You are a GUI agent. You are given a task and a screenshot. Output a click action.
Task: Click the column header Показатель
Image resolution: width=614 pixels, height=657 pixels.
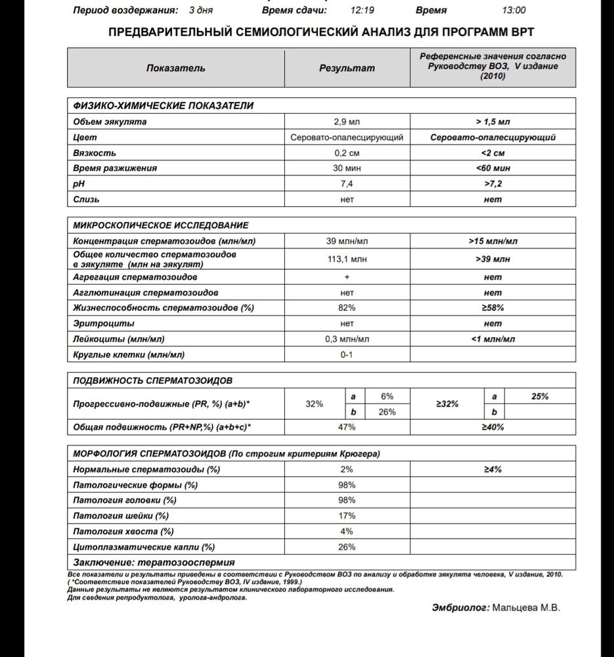pos(175,68)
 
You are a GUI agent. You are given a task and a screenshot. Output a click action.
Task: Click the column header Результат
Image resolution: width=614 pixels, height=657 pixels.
pos(347,68)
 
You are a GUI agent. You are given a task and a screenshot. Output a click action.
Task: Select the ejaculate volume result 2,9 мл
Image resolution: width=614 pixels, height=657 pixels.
pos(347,122)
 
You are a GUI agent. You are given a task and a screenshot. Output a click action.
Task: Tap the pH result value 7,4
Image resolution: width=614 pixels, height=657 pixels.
pos(347,183)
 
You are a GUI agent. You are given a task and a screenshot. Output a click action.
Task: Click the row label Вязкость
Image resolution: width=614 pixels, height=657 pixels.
pos(95,153)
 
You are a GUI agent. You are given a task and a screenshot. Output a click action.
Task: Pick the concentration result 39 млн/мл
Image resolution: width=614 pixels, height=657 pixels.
pos(347,241)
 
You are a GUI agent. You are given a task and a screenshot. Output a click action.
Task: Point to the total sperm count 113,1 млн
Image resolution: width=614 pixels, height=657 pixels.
pos(347,259)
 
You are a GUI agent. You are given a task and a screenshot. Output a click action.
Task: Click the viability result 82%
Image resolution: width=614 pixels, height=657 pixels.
pos(347,307)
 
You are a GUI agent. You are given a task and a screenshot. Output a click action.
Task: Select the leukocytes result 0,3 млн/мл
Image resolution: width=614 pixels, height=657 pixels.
pos(347,339)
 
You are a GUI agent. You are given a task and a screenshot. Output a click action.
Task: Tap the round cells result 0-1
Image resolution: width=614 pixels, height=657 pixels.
pos(347,355)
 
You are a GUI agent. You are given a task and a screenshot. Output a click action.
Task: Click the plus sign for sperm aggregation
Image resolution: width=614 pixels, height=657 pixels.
pos(347,277)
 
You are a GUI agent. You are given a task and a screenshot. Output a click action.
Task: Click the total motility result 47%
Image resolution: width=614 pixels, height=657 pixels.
pos(347,427)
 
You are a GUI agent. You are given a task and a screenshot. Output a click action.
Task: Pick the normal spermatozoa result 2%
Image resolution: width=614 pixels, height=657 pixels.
pos(347,470)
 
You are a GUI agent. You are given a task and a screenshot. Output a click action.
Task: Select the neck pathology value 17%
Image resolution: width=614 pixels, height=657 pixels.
pos(347,516)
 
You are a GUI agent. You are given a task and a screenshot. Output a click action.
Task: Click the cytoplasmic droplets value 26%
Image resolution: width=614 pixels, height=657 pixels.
pos(347,547)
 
